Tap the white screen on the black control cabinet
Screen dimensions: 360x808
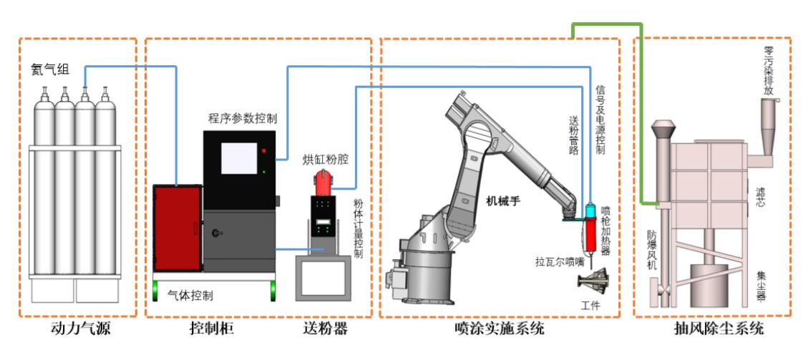[x=238, y=159]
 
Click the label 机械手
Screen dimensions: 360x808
[x=502, y=200]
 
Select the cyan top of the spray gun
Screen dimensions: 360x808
[x=590, y=212]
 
